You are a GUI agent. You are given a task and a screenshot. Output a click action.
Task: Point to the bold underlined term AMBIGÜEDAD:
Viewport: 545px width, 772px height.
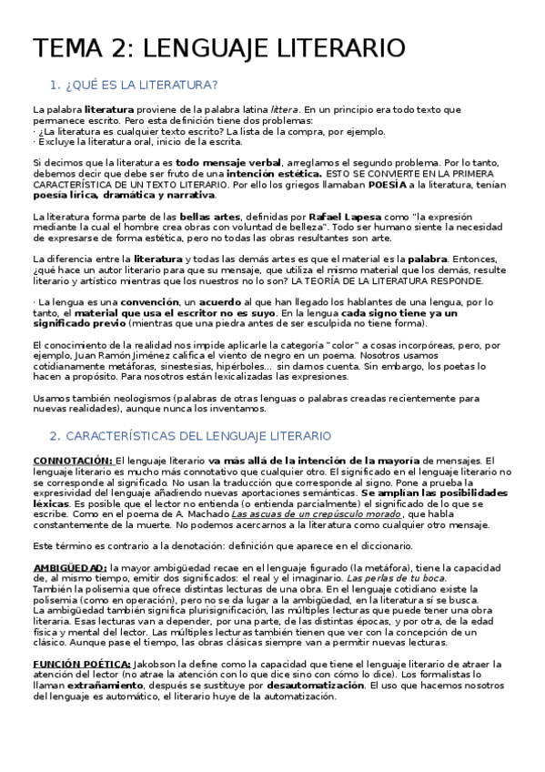tap(69, 568)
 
